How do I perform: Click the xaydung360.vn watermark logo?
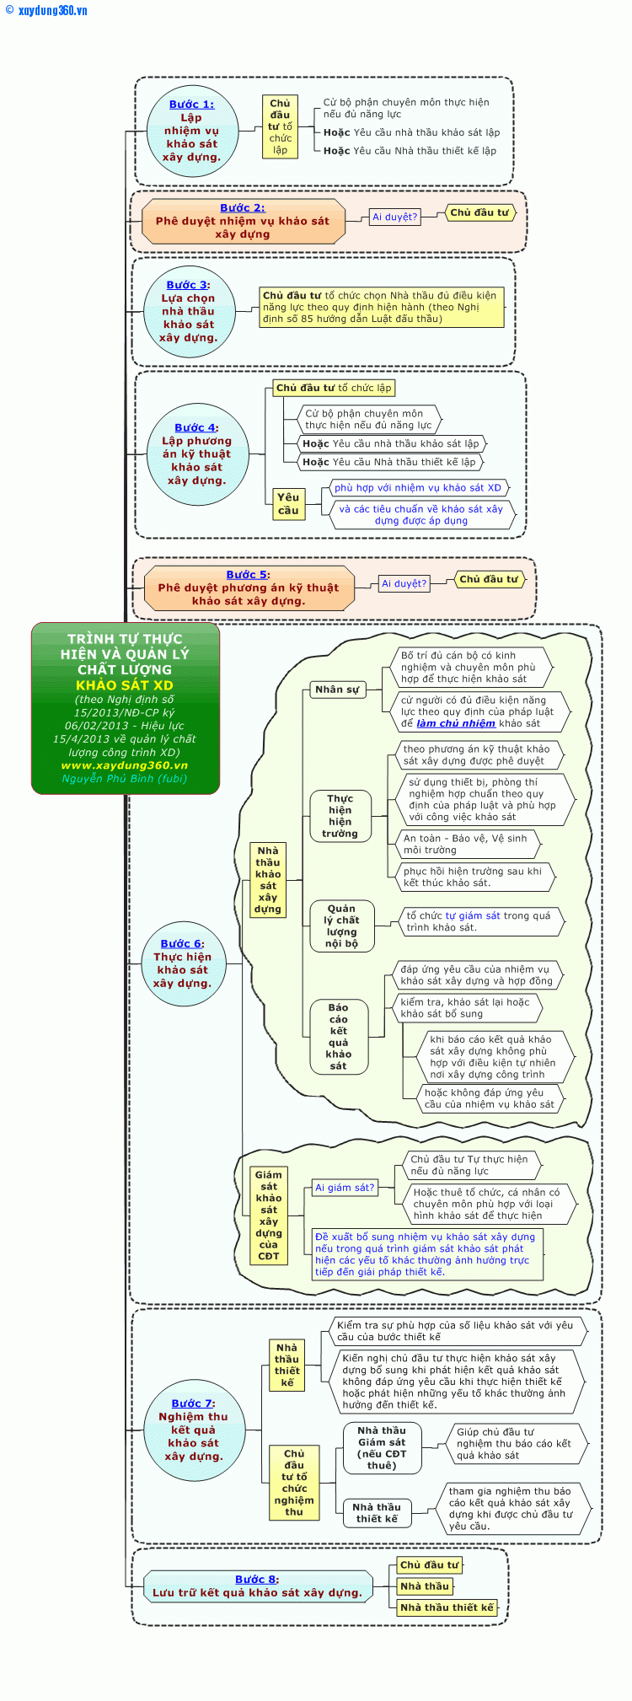click(x=46, y=10)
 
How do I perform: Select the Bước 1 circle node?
click(x=191, y=131)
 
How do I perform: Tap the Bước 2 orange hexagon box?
click(x=243, y=221)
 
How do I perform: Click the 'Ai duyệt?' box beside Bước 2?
click(x=394, y=217)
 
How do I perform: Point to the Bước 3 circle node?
click(x=189, y=311)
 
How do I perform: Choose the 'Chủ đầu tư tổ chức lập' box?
click(x=334, y=388)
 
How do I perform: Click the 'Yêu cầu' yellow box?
click(x=288, y=503)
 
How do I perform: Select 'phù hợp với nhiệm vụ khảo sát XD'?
click(x=417, y=487)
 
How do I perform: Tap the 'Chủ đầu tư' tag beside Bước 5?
click(x=489, y=579)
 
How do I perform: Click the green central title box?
click(x=126, y=708)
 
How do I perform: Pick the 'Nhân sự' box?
click(x=336, y=689)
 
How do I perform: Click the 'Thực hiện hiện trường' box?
click(x=340, y=815)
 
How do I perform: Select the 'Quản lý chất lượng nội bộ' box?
click(x=341, y=926)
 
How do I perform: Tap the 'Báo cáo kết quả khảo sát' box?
click(x=338, y=1036)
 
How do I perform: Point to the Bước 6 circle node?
click(x=182, y=963)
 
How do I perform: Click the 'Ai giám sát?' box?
click(x=345, y=1187)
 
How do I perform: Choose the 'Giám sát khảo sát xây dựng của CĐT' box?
click(x=269, y=1215)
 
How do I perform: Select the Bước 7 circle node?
click(x=193, y=1430)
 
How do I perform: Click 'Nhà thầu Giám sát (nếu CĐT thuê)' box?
click(x=382, y=1447)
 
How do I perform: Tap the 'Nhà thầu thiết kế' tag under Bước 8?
click(x=447, y=1607)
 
